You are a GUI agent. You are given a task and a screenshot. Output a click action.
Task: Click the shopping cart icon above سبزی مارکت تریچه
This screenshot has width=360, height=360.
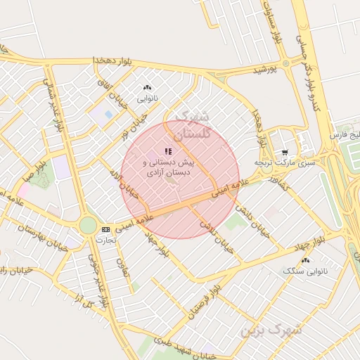click(x=284, y=151)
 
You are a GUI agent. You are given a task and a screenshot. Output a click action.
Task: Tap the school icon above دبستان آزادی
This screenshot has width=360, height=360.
click(x=167, y=150)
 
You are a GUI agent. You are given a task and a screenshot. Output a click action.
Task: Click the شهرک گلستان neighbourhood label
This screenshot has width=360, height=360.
click(x=191, y=124)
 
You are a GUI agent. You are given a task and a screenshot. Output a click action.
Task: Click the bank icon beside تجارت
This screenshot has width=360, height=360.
click(x=105, y=229)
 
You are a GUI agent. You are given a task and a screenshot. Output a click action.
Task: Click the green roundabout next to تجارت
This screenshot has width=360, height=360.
click(x=88, y=225)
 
